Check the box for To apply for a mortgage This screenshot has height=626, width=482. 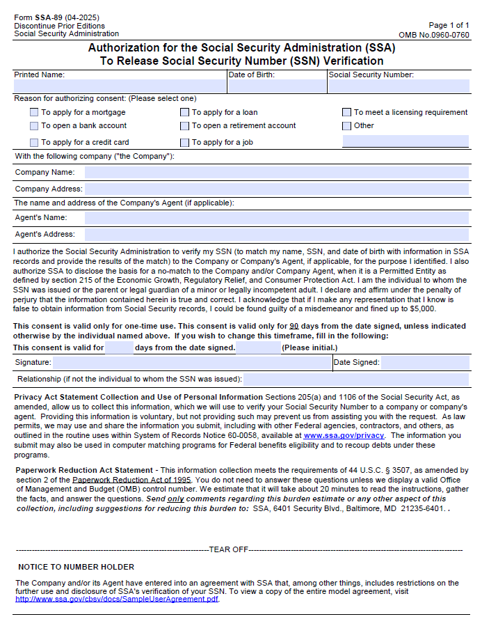click(34, 112)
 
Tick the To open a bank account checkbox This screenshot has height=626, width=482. click(34, 126)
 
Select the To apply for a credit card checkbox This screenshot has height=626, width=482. click(34, 142)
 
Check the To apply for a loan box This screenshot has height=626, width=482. click(185, 112)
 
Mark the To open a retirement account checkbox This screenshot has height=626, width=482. click(185, 126)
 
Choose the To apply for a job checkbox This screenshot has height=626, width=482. click(185, 142)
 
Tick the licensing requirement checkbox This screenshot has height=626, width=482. click(346, 112)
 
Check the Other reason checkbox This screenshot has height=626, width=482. click(346, 126)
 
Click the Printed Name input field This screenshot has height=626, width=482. click(120, 86)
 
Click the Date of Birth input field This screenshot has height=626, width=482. click(277, 86)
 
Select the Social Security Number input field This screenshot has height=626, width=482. click(399, 86)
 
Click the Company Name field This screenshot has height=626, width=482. click(276, 172)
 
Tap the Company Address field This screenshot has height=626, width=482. click(276, 189)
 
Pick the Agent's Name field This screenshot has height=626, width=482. click(276, 218)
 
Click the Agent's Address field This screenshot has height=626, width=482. click(276, 235)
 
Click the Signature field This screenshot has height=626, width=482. click(191, 362)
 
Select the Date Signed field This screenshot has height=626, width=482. click(425, 362)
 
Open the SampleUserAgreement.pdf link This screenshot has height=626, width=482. click(117, 599)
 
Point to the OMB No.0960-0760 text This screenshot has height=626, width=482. click(433, 35)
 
